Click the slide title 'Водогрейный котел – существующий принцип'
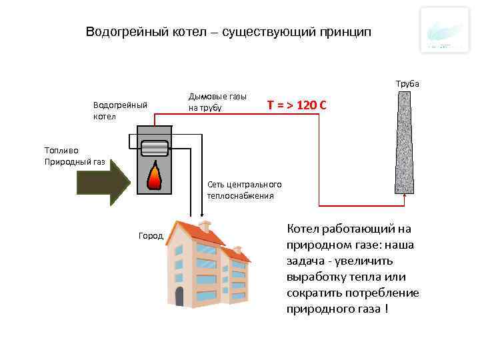[x=229, y=32]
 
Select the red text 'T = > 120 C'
[x=297, y=105]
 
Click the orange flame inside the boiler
[x=154, y=175]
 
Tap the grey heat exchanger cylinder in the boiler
[x=154, y=147]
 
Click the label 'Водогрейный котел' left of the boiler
[x=119, y=111]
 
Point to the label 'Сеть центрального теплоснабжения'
[x=245, y=190]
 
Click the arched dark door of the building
[x=179, y=296]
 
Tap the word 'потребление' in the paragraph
[x=388, y=293]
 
